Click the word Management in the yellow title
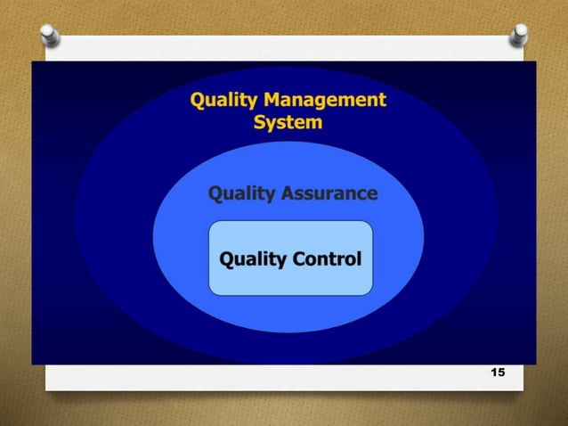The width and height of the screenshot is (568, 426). [x=325, y=101]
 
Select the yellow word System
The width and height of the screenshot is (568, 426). [x=288, y=123]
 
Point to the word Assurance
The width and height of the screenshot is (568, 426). [x=329, y=193]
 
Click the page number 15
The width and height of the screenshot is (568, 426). [x=497, y=372]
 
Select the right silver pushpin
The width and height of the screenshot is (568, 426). [x=519, y=36]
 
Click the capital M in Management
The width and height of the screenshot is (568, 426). [x=275, y=100]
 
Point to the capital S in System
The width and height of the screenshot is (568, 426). [x=260, y=123]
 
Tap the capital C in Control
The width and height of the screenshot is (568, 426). [x=296, y=259]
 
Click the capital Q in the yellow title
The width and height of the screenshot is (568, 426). [x=199, y=100]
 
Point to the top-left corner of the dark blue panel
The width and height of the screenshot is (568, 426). [x=32, y=61]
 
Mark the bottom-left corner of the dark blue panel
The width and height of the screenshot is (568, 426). [x=32, y=364]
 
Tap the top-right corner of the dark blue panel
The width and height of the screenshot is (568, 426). [x=536, y=61]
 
